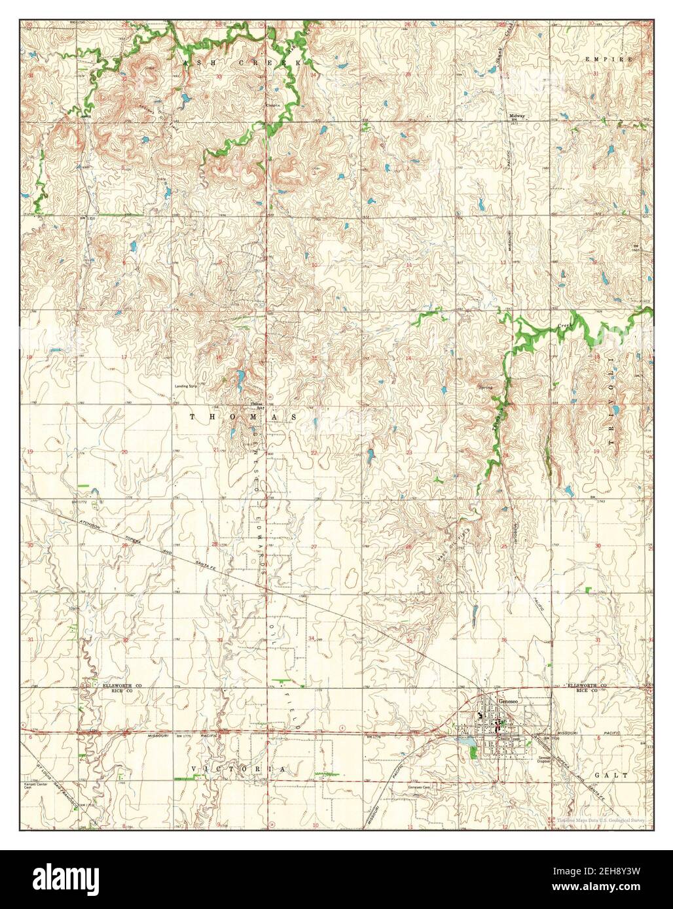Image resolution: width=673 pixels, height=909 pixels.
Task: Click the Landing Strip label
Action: [186, 386]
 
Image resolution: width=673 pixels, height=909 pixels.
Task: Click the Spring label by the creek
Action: [485, 388]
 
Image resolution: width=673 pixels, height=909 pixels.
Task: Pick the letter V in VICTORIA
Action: [194, 769]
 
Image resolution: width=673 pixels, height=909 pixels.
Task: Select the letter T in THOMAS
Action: [193, 416]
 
